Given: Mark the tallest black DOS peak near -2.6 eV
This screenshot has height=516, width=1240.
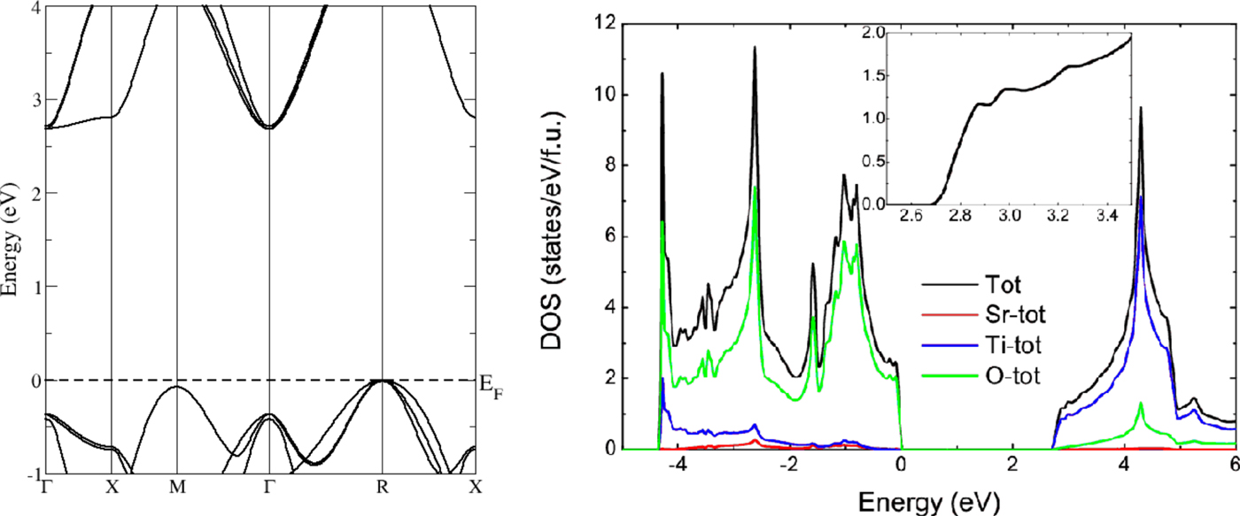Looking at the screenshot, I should pos(755,48).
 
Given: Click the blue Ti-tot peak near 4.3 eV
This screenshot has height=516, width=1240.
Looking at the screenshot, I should pos(1142,196).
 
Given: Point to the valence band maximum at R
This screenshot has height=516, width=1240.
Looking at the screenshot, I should pos(382,381).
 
